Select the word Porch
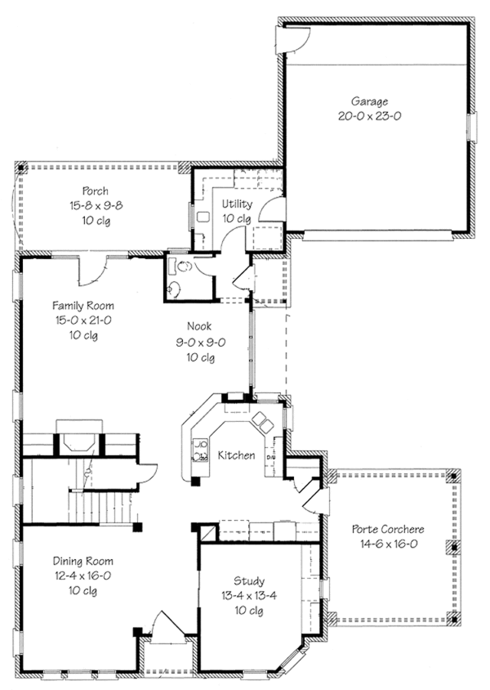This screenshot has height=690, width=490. point(95,191)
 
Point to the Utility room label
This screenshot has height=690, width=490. point(237,204)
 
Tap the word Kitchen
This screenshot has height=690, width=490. point(236,455)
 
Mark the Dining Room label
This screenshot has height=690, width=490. point(82,561)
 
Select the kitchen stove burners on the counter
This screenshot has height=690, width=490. point(198,451)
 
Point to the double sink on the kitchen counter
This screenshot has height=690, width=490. point(261,422)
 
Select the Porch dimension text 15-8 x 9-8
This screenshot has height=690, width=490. point(95,206)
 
